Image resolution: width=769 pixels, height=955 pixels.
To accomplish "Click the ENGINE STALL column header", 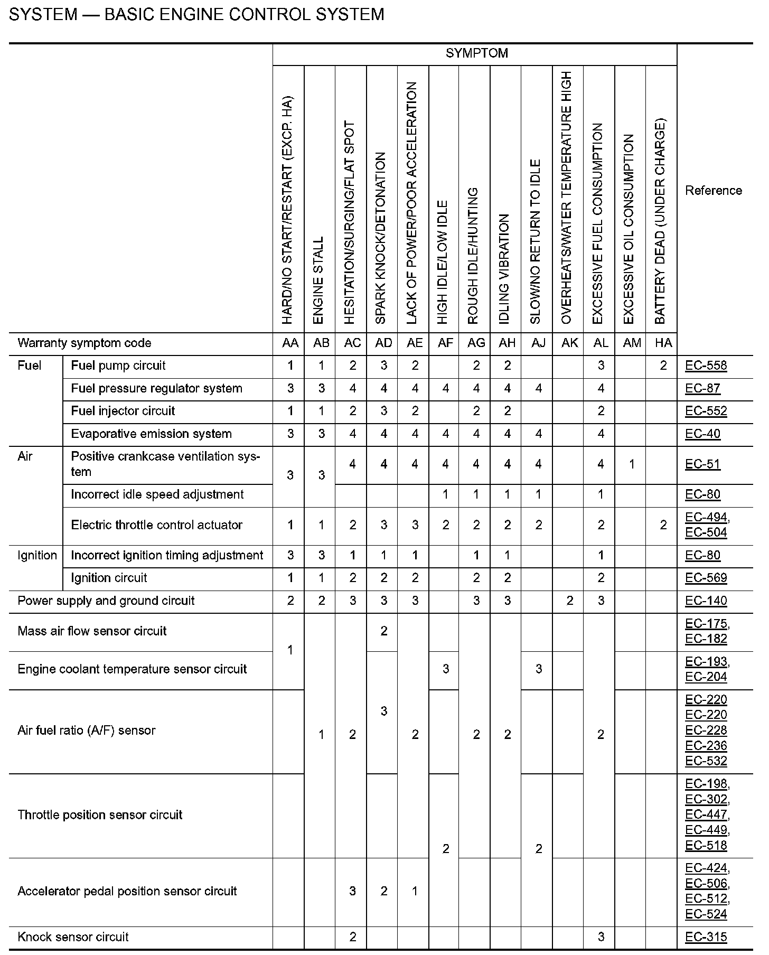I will point(318,280).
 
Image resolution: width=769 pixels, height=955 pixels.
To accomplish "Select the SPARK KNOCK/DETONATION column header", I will point(381,238).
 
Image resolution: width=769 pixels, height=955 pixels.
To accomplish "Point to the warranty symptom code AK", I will point(569,343).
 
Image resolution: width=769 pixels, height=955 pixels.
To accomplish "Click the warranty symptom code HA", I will point(663,343).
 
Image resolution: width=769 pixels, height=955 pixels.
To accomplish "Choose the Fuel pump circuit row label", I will point(118,366).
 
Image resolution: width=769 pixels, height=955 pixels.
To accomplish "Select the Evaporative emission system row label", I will point(151,434).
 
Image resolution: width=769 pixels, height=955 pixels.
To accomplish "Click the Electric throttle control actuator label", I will point(156,525).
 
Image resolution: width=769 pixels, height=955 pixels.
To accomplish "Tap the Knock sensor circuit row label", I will point(73,937).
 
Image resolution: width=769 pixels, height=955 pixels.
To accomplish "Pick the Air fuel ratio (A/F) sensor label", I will point(87,731).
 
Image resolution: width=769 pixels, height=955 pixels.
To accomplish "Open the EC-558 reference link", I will point(706,366).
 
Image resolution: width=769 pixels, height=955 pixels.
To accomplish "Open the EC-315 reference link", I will point(706,937).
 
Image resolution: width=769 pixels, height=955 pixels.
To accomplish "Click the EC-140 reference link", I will point(706,601).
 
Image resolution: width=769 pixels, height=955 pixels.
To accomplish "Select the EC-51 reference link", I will point(702,464).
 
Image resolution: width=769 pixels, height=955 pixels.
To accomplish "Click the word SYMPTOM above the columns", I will point(476,53).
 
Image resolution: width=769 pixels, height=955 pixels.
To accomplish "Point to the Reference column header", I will point(713,191).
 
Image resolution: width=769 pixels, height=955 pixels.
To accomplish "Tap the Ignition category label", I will point(37,555).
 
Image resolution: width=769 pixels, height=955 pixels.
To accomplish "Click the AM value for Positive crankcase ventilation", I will point(632,464).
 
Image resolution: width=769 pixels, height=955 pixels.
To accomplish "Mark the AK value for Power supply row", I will point(569,601).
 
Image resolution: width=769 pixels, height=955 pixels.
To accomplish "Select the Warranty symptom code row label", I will point(85,343).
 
